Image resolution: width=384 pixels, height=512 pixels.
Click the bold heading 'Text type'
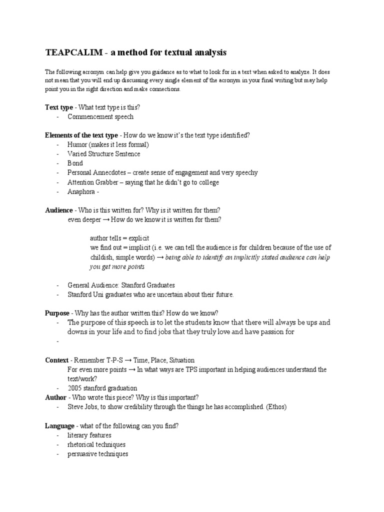(x=58, y=107)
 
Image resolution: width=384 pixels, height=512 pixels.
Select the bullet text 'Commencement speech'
(x=100, y=117)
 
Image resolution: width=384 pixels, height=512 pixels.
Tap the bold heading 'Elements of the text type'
(x=81, y=135)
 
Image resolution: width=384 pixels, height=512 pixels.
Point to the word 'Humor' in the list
(x=77, y=145)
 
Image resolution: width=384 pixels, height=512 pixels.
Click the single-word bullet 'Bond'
(x=75, y=163)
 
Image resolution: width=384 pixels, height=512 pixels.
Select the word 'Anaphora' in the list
(x=81, y=191)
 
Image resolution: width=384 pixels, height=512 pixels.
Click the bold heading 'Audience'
(x=59, y=210)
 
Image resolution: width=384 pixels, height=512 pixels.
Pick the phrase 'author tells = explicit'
(x=119, y=238)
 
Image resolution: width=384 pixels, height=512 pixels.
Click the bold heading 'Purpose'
(x=57, y=313)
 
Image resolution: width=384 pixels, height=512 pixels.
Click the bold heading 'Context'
(x=56, y=360)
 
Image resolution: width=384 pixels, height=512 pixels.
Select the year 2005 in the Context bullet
(x=75, y=388)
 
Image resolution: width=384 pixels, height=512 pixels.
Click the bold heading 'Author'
(x=55, y=397)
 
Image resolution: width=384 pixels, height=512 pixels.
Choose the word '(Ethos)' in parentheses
(x=275, y=407)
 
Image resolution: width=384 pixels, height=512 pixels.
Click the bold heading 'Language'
(x=60, y=425)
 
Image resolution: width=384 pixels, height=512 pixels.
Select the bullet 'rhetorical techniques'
(x=96, y=444)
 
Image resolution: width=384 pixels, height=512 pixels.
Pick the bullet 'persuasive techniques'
(x=98, y=454)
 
